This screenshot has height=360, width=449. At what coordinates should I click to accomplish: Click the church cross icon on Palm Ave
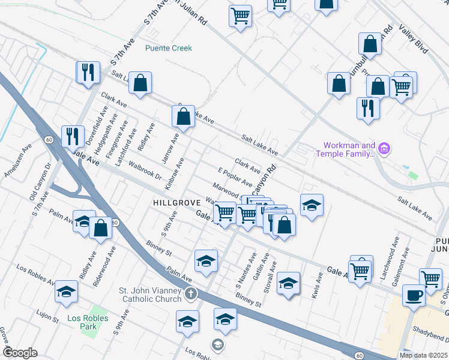(190, 293)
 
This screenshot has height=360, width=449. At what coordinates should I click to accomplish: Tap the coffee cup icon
(414, 295)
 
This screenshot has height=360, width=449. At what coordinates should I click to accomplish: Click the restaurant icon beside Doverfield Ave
(73, 136)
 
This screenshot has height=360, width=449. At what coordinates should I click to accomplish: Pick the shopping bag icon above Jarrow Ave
(184, 115)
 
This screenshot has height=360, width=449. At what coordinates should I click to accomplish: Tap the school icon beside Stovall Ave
(288, 283)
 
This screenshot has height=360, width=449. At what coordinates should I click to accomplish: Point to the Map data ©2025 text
(423, 355)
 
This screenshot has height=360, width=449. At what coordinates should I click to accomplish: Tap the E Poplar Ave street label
(235, 178)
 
